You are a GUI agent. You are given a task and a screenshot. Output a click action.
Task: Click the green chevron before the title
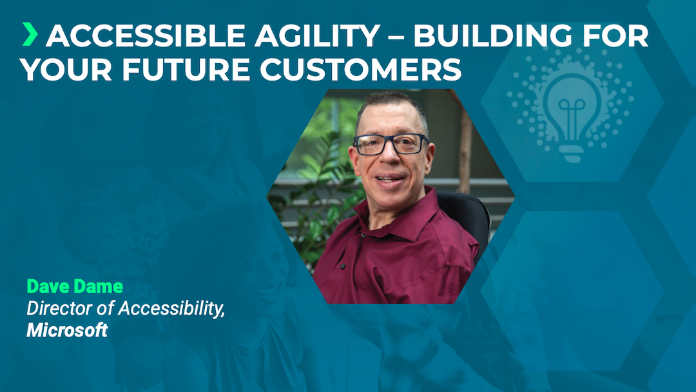[29, 35]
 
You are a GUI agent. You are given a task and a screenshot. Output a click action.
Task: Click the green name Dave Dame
[74, 287]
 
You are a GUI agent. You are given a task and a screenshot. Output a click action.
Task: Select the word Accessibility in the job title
[173, 309]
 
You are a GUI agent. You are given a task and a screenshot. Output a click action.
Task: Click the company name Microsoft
[66, 331]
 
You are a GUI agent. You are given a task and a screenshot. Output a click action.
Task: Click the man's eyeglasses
[391, 144]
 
